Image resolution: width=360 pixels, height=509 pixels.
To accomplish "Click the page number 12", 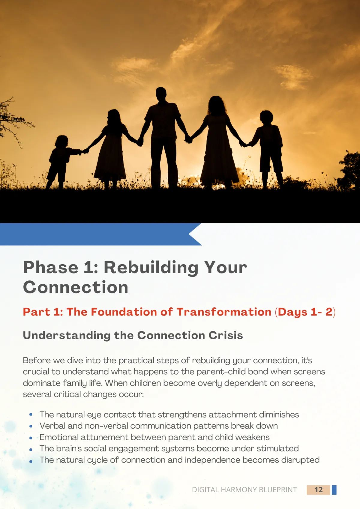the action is click(x=318, y=490).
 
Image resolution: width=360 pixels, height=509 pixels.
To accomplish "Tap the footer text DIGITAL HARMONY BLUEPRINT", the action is click(x=244, y=490).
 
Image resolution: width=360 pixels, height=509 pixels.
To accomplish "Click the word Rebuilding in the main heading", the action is click(x=151, y=268).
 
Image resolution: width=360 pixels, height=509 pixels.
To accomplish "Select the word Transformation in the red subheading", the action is click(x=224, y=312).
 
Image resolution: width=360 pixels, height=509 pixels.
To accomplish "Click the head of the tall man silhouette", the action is click(x=161, y=93).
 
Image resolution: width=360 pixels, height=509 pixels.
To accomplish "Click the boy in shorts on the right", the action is click(x=268, y=149).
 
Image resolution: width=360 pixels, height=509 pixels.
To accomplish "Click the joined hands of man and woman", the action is click(x=188, y=139).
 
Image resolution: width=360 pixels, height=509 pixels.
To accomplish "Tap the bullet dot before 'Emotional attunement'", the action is click(x=31, y=438).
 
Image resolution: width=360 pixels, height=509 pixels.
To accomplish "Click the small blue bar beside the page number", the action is click(x=334, y=490).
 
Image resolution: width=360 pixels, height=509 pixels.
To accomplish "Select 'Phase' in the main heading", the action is click(x=51, y=268).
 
